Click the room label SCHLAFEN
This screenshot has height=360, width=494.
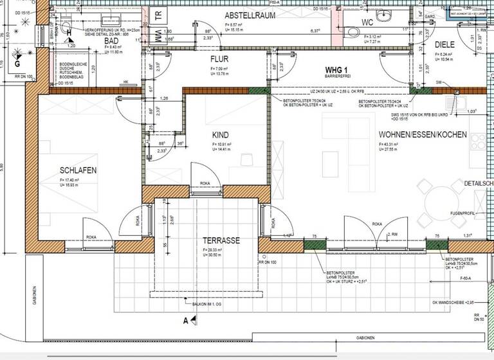point(78,170)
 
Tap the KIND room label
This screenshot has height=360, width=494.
point(221,135)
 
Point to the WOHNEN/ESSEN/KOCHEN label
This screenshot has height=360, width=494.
point(423,135)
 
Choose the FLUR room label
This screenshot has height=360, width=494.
point(220,59)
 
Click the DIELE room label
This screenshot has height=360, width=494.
point(444,44)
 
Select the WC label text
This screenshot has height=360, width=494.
point(367,22)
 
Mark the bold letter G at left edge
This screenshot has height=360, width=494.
point(17,64)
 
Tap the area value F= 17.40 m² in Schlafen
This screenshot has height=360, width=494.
point(73,181)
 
